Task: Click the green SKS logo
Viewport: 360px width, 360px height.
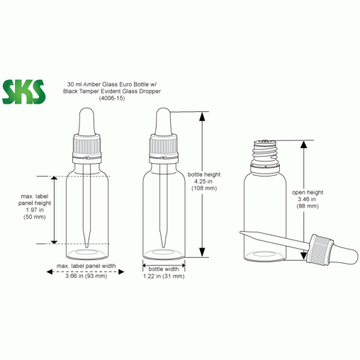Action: (x=23, y=92)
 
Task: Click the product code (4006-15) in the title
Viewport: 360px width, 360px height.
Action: (x=112, y=99)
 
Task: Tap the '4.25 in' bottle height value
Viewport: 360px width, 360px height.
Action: (x=203, y=181)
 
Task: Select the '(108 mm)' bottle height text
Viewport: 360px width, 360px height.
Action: (x=204, y=189)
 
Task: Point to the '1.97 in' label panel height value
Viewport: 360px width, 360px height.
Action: (x=35, y=210)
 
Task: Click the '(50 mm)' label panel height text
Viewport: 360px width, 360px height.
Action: (x=35, y=217)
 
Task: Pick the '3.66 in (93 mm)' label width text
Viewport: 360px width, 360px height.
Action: (x=86, y=276)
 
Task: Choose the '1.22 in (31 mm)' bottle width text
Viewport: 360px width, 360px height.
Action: (x=164, y=276)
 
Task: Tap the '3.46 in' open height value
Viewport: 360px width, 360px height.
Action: (x=307, y=199)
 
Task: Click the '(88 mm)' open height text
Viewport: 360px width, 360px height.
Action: (x=308, y=206)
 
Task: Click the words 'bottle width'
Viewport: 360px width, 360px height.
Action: (x=164, y=269)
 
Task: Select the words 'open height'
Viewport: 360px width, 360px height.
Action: (x=308, y=192)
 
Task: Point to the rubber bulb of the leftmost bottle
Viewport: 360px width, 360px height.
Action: (x=87, y=121)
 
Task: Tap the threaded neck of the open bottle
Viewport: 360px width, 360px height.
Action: (x=265, y=152)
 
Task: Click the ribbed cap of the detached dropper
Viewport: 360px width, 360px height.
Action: (x=320, y=249)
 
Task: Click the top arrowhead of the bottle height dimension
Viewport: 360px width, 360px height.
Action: (x=202, y=116)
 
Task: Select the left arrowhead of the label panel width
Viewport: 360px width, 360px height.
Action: (x=50, y=272)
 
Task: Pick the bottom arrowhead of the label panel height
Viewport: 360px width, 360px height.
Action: (x=55, y=241)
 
